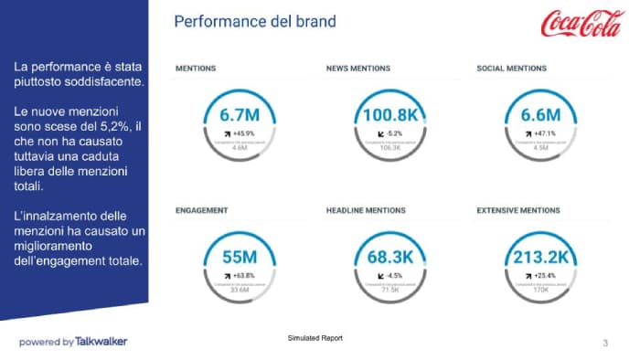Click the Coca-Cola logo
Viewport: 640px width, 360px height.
[x=582, y=24]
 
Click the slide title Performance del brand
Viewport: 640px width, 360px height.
[x=254, y=20]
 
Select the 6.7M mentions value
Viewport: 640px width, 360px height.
[x=240, y=115]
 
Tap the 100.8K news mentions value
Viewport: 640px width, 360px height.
[x=390, y=115]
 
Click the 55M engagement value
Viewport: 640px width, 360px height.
[x=240, y=258]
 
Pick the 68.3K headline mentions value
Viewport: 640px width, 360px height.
[x=390, y=258]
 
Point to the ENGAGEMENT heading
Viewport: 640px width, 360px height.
[x=201, y=211]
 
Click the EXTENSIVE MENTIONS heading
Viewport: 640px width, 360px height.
[x=518, y=211]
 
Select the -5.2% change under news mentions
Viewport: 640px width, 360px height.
[x=394, y=133]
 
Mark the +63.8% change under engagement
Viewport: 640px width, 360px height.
[x=243, y=275]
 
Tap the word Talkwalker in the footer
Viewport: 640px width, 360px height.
[x=101, y=342]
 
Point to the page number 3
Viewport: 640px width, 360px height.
[x=605, y=343]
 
